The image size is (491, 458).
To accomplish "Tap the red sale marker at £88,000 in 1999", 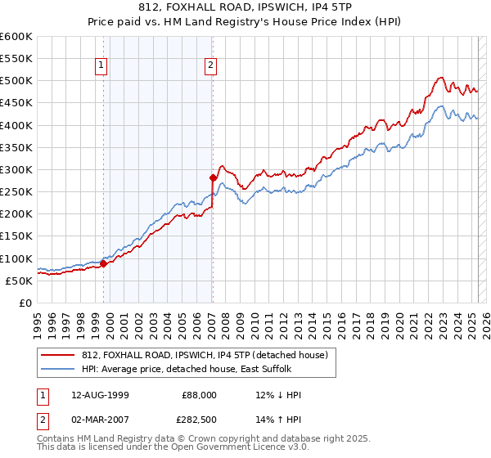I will (x=104, y=263).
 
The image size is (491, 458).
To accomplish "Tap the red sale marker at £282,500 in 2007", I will (x=213, y=177).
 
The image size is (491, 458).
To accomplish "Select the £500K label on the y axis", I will (x=16, y=80).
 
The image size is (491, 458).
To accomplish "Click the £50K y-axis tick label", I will (x=19, y=281).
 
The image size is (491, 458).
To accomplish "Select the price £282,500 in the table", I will (x=199, y=419).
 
